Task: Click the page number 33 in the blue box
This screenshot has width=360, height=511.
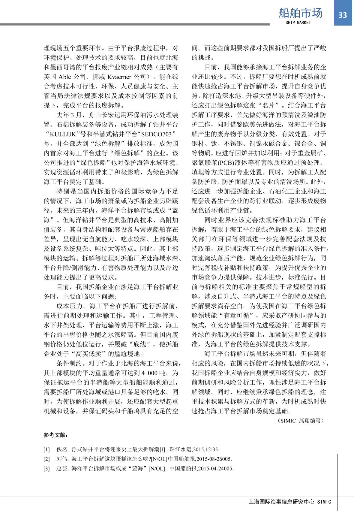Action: pos(343,15)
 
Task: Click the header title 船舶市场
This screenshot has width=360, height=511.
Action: pos(300,13)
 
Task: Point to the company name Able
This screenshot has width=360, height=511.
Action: pos(65,77)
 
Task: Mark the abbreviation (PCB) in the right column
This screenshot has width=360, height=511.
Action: pos(219,163)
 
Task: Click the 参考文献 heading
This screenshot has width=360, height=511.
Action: pos(56,435)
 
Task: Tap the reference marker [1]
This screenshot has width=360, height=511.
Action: pos(46,449)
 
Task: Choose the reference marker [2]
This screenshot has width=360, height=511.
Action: pos(46,459)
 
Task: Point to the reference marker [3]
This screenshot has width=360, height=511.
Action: pos(46,468)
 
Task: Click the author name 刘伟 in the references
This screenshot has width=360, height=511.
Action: pos(62,459)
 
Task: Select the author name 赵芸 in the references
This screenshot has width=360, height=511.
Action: pos(62,468)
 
